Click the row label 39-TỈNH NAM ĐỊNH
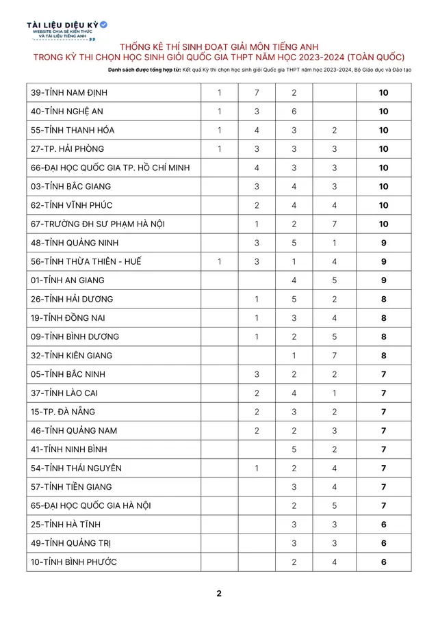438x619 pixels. [x=68, y=93]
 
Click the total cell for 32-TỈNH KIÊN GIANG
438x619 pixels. [x=384, y=356]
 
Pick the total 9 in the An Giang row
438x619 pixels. [x=384, y=280]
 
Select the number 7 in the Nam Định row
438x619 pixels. [x=257, y=93]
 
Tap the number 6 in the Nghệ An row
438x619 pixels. [x=294, y=111]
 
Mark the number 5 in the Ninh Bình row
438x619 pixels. [x=294, y=449]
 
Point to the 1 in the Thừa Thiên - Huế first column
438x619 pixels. [x=219, y=262]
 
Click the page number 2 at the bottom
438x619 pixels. [x=219, y=594]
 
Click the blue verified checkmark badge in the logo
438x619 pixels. [x=103, y=25]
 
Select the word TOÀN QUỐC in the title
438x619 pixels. [x=374, y=57]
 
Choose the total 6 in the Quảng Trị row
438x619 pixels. [x=384, y=543]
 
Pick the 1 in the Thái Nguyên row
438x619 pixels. [x=257, y=469]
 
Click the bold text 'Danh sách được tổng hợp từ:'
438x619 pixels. [x=144, y=70]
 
